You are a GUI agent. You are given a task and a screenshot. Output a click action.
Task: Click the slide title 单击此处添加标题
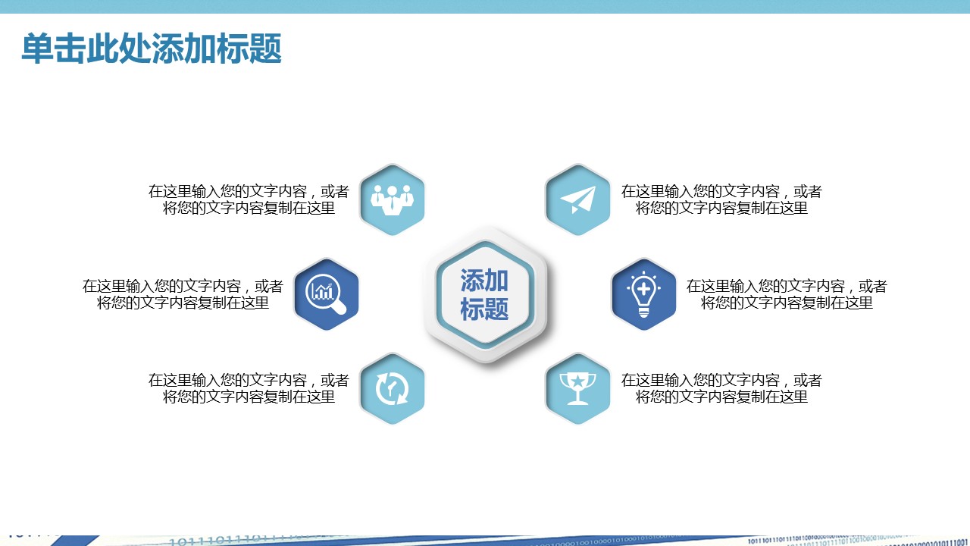pos(152,49)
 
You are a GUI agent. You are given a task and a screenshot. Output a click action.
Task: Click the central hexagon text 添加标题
pos(484,295)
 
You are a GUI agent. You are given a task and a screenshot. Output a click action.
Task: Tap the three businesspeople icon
pos(393,199)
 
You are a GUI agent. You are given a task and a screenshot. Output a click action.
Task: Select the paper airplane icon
pos(577,199)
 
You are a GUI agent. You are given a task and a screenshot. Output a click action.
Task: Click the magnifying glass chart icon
pos(326,293)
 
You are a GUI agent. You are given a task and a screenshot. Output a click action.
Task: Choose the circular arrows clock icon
pos(392,388)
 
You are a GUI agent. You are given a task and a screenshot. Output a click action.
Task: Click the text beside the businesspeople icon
pos(249,199)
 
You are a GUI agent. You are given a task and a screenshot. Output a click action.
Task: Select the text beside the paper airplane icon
pos(721,199)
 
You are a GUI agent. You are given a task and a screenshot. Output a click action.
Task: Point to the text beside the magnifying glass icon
pos(183,294)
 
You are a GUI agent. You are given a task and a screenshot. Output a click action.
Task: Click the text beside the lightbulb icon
pos(787,294)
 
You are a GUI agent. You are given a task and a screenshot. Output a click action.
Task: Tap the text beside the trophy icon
pos(721,389)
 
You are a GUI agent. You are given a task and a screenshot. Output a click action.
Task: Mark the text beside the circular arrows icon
pos(249,389)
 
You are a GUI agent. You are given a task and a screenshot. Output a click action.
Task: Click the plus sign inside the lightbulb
pos(644,289)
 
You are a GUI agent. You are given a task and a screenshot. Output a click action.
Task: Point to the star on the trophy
pos(577,381)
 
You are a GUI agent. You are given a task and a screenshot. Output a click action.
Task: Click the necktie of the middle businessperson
pos(393,204)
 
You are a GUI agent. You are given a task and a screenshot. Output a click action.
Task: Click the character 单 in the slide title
pos(37,49)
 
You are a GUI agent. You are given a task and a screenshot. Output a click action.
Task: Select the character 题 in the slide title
pos(265,49)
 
